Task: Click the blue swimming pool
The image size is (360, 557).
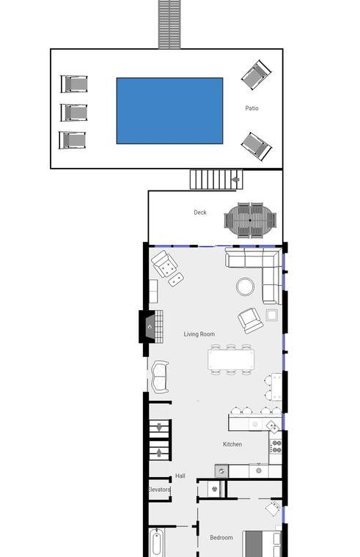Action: pos(169,111)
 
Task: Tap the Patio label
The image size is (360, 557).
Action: pos(251,108)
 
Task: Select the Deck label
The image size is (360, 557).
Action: pos(200,212)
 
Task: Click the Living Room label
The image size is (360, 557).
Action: pos(199,334)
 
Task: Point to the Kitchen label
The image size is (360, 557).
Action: pos(232,444)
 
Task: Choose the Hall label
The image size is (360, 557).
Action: pos(180,476)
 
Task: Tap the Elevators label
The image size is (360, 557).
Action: pos(159,490)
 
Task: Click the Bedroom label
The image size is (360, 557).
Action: pos(221,537)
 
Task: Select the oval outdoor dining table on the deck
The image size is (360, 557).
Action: pos(250,221)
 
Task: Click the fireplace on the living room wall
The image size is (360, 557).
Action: pos(151,326)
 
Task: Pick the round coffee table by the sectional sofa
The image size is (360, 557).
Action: pos(245,287)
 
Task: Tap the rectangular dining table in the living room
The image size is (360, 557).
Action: pos(231,360)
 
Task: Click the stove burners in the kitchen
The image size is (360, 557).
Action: pos(276,446)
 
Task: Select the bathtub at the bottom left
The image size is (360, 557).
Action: pos(156,543)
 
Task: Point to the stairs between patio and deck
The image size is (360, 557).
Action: pos(216,180)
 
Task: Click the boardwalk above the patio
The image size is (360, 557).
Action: pos(169,24)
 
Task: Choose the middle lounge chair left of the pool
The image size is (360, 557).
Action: pos(74,112)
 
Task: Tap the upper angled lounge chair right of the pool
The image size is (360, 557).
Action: pos(256,75)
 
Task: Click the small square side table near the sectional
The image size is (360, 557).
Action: pos(272,314)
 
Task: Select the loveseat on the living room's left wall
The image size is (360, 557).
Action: pos(161,377)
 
